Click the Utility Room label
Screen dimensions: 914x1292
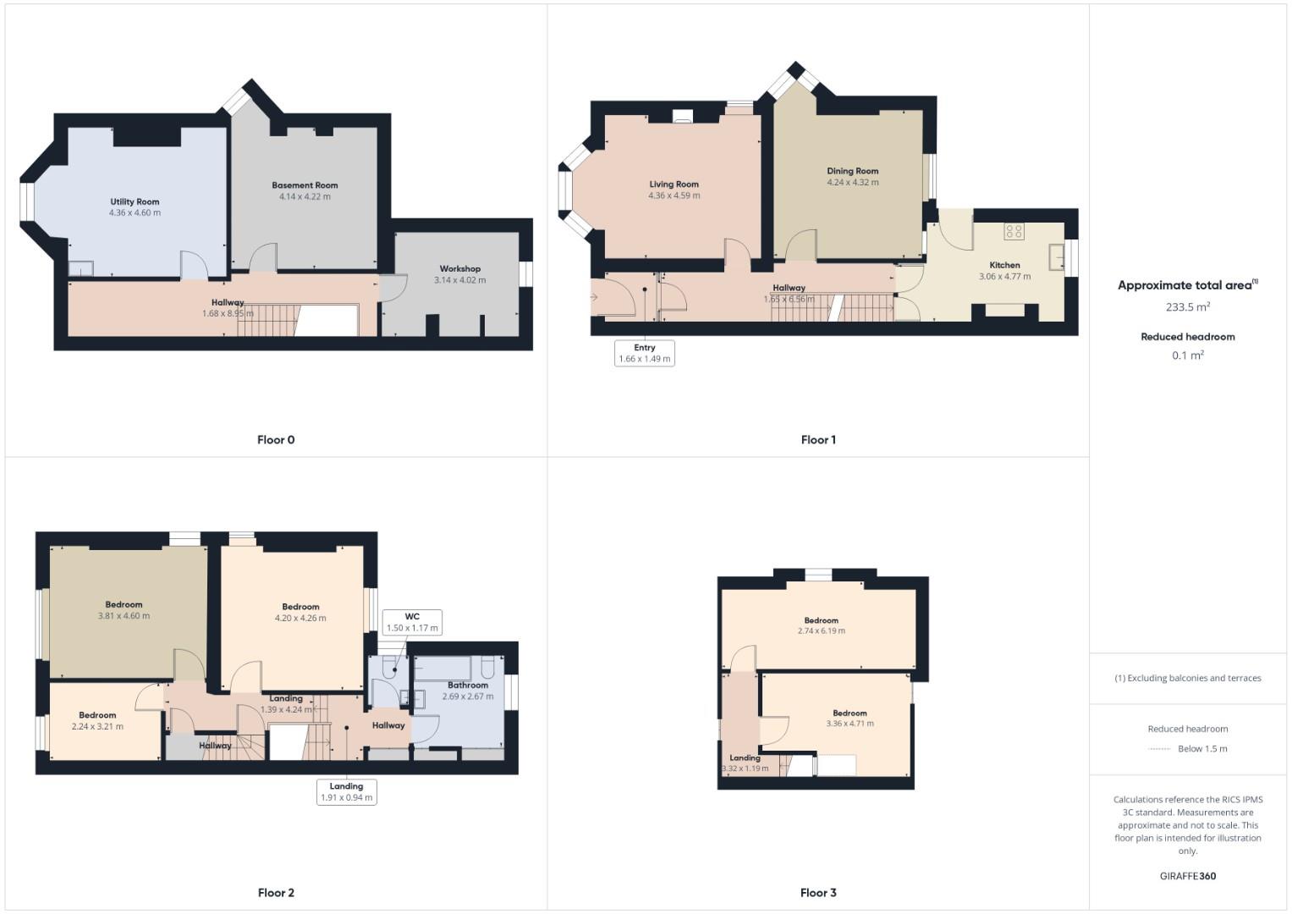coord(135,201)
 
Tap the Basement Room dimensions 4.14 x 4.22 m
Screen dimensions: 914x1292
coord(305,196)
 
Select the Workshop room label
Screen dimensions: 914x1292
coord(459,269)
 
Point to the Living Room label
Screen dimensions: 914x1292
coord(673,184)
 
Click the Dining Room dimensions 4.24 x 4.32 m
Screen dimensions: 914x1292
coord(852,182)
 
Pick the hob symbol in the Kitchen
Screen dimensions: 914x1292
coord(1014,231)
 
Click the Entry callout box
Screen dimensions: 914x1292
coord(645,353)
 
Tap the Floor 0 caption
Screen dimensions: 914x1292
coord(276,439)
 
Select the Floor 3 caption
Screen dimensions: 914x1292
coord(818,892)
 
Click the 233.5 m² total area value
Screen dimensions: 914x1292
coord(1187,307)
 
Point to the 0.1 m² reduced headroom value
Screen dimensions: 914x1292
coord(1187,355)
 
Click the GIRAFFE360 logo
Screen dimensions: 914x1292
coord(1187,876)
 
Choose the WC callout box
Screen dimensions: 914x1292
coord(412,622)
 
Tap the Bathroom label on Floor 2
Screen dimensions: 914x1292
coord(468,685)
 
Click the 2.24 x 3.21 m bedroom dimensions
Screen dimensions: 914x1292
coord(97,726)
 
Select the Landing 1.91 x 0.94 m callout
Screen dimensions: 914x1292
coord(346,791)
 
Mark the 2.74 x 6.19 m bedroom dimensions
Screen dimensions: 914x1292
coord(821,630)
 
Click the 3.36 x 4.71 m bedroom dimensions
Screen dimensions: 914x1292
coord(849,724)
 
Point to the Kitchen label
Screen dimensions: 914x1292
coord(1004,265)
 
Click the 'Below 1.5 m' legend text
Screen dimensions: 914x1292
coord(1202,748)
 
